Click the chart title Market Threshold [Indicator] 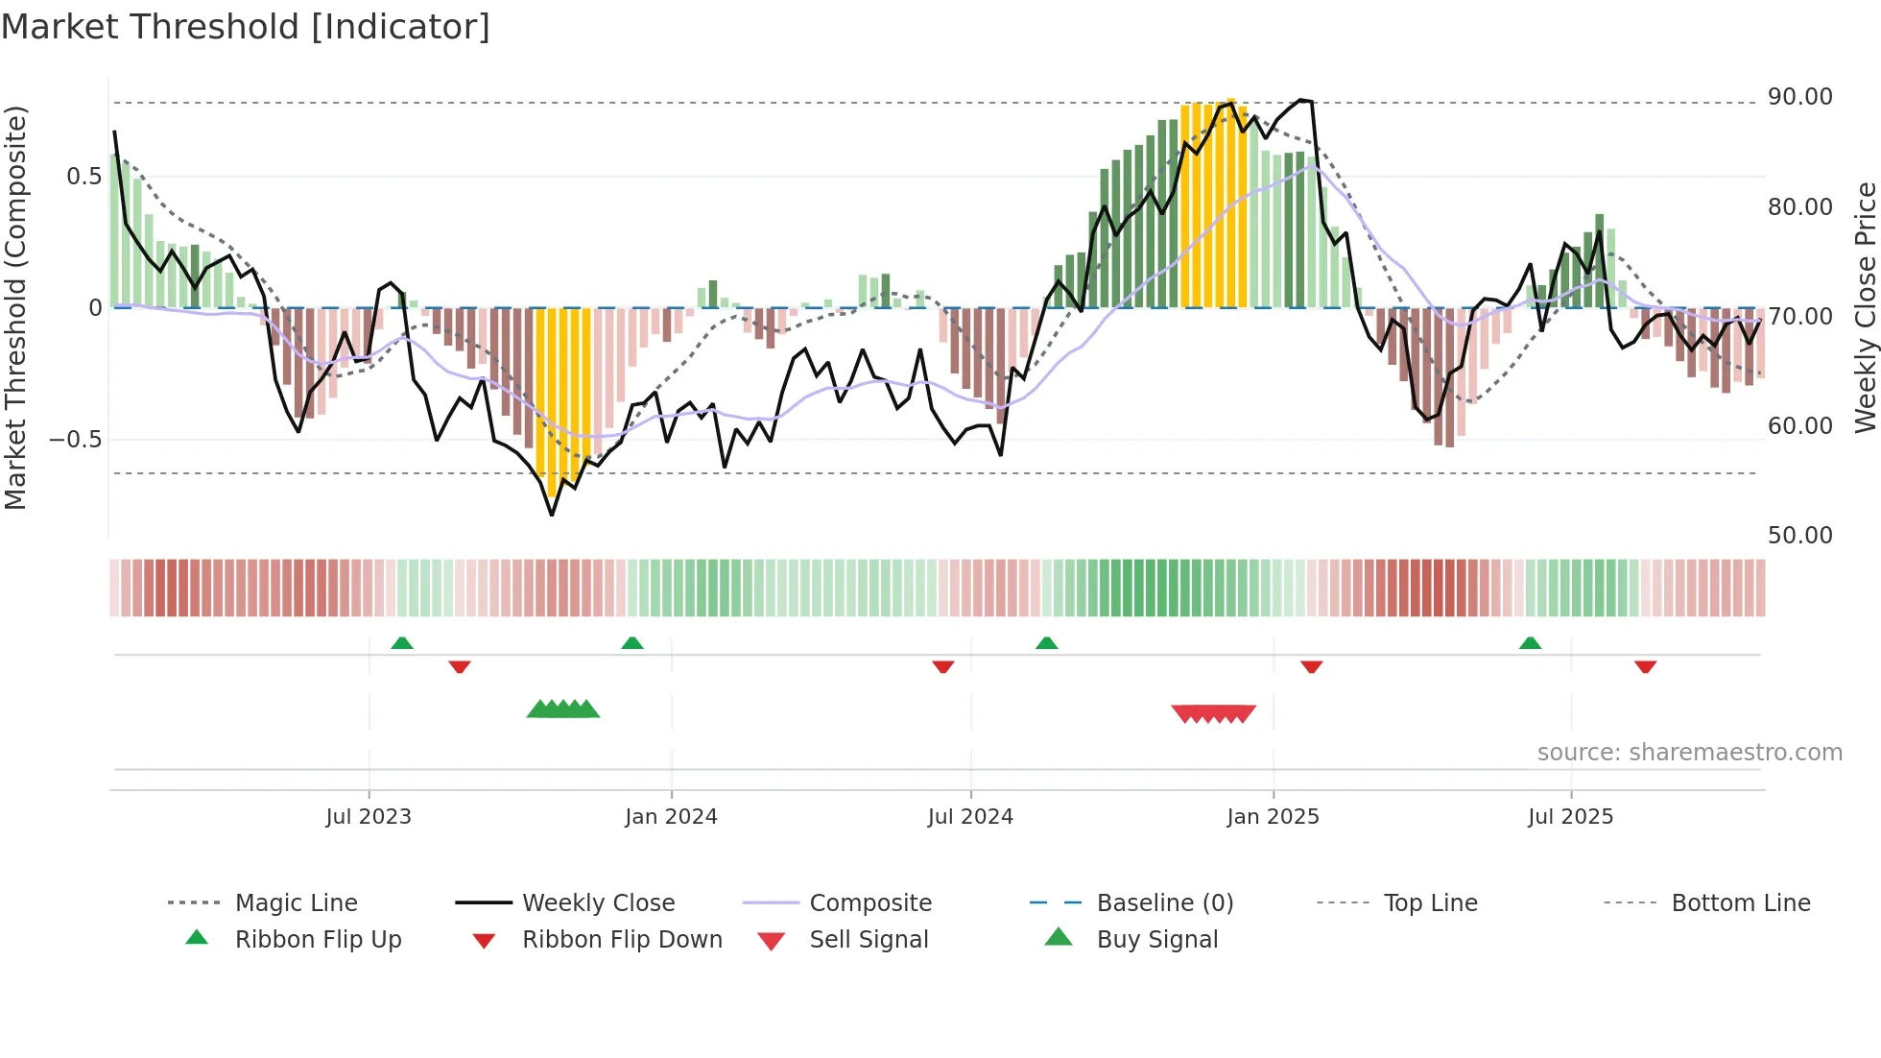(x=246, y=27)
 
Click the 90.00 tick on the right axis (x=1799, y=97)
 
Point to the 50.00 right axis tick (x=1799, y=536)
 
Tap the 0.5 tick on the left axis (x=83, y=177)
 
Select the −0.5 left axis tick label (x=75, y=440)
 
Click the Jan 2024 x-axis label (x=671, y=817)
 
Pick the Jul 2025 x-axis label (x=1570, y=817)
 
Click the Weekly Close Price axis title (x=1865, y=307)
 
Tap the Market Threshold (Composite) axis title (x=16, y=307)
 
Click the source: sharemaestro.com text (x=1689, y=753)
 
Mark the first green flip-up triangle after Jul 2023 (x=402, y=643)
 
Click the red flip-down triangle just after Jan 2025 (x=1311, y=666)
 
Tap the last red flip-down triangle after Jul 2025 (x=1645, y=666)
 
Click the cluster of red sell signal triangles (x=1213, y=713)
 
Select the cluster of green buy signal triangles (x=563, y=709)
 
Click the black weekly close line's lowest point (x=552, y=515)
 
